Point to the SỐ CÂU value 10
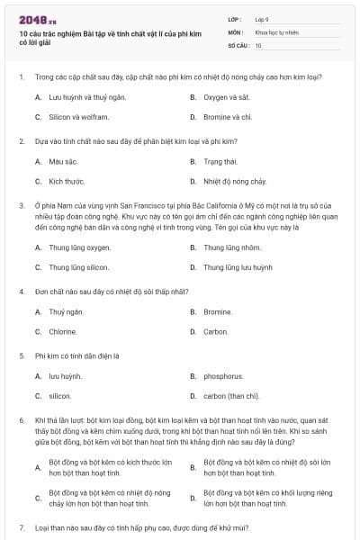click(258, 45)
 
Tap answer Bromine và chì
click(228, 117)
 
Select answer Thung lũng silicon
click(79, 267)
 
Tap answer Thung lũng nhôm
click(232, 247)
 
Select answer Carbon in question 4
click(216, 332)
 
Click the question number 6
click(21, 420)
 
